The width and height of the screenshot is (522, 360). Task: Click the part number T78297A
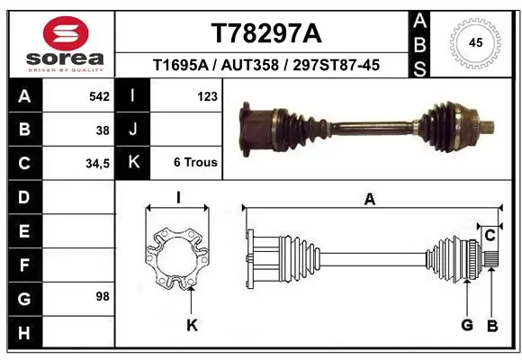coord(265,33)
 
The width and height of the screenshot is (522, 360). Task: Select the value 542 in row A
coord(98,95)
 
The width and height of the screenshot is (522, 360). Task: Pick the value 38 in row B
coord(103,130)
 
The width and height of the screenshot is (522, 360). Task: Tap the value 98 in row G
coord(103,296)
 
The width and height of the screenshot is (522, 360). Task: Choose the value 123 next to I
coord(206,95)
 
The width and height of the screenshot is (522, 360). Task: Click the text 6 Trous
coord(195,163)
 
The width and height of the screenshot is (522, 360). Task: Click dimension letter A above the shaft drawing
coord(369,200)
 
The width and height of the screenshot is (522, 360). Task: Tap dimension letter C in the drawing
coord(490,236)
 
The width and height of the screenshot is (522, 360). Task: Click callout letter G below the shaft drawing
coord(466,325)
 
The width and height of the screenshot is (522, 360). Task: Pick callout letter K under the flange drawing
coord(192,325)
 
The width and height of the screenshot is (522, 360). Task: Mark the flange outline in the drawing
coord(177,259)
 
